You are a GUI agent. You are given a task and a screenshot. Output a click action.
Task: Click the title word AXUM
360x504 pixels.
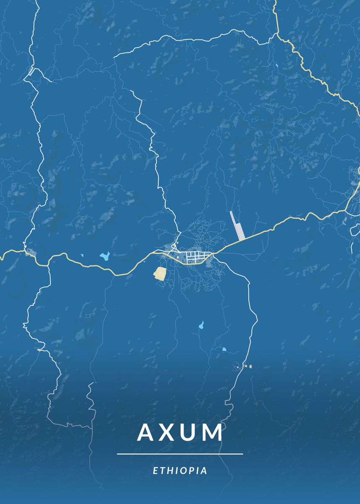pos(180,432)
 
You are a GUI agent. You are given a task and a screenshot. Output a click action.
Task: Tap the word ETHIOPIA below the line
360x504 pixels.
pos(180,470)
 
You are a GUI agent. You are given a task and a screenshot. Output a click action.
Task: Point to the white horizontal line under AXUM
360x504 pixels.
pos(180,454)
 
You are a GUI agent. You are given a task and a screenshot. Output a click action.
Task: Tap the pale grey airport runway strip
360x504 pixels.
pos(237,226)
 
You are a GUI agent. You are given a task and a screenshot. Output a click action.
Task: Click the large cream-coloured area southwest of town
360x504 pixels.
pos(160,273)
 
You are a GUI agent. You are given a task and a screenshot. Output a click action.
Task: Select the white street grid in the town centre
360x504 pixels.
pos(193,256)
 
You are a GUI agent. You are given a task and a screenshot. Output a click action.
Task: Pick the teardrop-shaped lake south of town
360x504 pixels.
pos(201,325)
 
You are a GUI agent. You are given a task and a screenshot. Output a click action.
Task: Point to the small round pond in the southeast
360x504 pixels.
pos(224,349)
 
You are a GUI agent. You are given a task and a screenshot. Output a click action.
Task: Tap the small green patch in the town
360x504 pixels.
pos(177,242)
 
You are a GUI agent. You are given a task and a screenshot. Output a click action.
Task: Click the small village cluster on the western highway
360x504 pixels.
pos(30,252)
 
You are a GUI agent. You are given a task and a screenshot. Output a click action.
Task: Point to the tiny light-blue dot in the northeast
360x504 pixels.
pos(277,66)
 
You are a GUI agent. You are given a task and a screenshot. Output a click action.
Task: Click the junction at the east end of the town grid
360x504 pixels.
pos(213,254)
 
